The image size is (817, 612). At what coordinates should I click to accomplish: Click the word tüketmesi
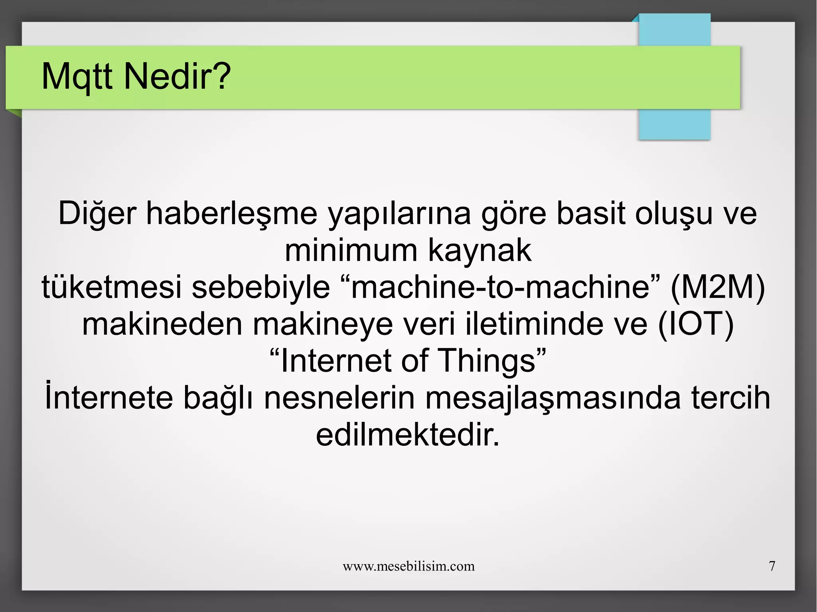click(x=112, y=287)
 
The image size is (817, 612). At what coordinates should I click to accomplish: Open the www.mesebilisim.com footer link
click(x=408, y=566)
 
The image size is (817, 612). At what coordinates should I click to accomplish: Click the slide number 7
click(x=772, y=566)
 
